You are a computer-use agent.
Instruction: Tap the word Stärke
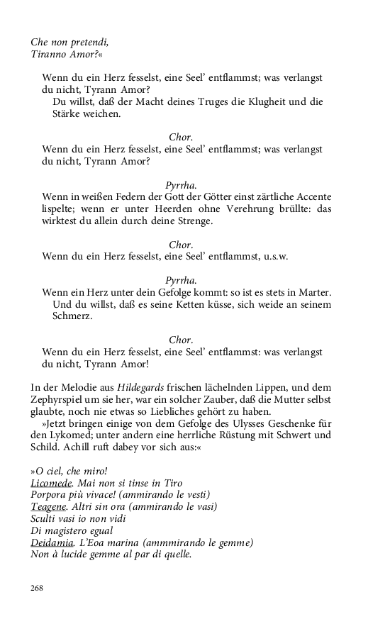pos(67,113)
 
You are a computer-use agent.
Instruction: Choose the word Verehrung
pos(245,208)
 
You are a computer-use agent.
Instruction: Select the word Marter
pos(313,292)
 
